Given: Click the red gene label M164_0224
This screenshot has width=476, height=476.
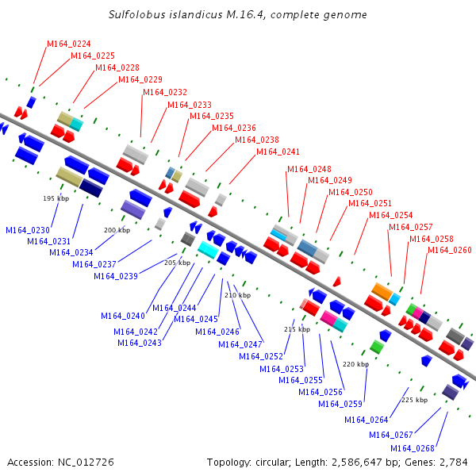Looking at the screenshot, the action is (69, 44).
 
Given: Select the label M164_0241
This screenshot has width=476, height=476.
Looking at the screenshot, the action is (278, 152).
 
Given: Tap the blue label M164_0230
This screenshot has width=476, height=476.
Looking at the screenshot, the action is (28, 230).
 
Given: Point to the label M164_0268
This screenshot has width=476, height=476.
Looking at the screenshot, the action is (413, 448).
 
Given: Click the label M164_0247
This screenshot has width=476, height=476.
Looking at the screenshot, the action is (240, 344).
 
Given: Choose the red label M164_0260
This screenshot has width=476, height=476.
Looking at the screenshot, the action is (450, 250).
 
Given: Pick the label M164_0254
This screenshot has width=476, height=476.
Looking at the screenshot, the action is (391, 215).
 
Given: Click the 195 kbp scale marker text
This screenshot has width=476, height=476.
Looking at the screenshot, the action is (56, 198).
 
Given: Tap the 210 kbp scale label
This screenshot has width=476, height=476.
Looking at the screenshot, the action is (238, 295).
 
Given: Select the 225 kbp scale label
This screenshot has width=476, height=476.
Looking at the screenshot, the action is (415, 400).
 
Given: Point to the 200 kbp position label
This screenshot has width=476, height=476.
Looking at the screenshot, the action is (117, 230).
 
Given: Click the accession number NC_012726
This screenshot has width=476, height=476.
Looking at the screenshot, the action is (86, 463).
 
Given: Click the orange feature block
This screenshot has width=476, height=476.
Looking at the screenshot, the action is (382, 291).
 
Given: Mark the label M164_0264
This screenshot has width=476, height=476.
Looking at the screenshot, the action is (367, 420).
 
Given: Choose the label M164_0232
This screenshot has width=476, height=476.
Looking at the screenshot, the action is (165, 92).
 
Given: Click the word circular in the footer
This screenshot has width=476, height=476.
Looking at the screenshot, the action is (271, 463).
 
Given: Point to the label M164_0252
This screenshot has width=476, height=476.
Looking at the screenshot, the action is (261, 356).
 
